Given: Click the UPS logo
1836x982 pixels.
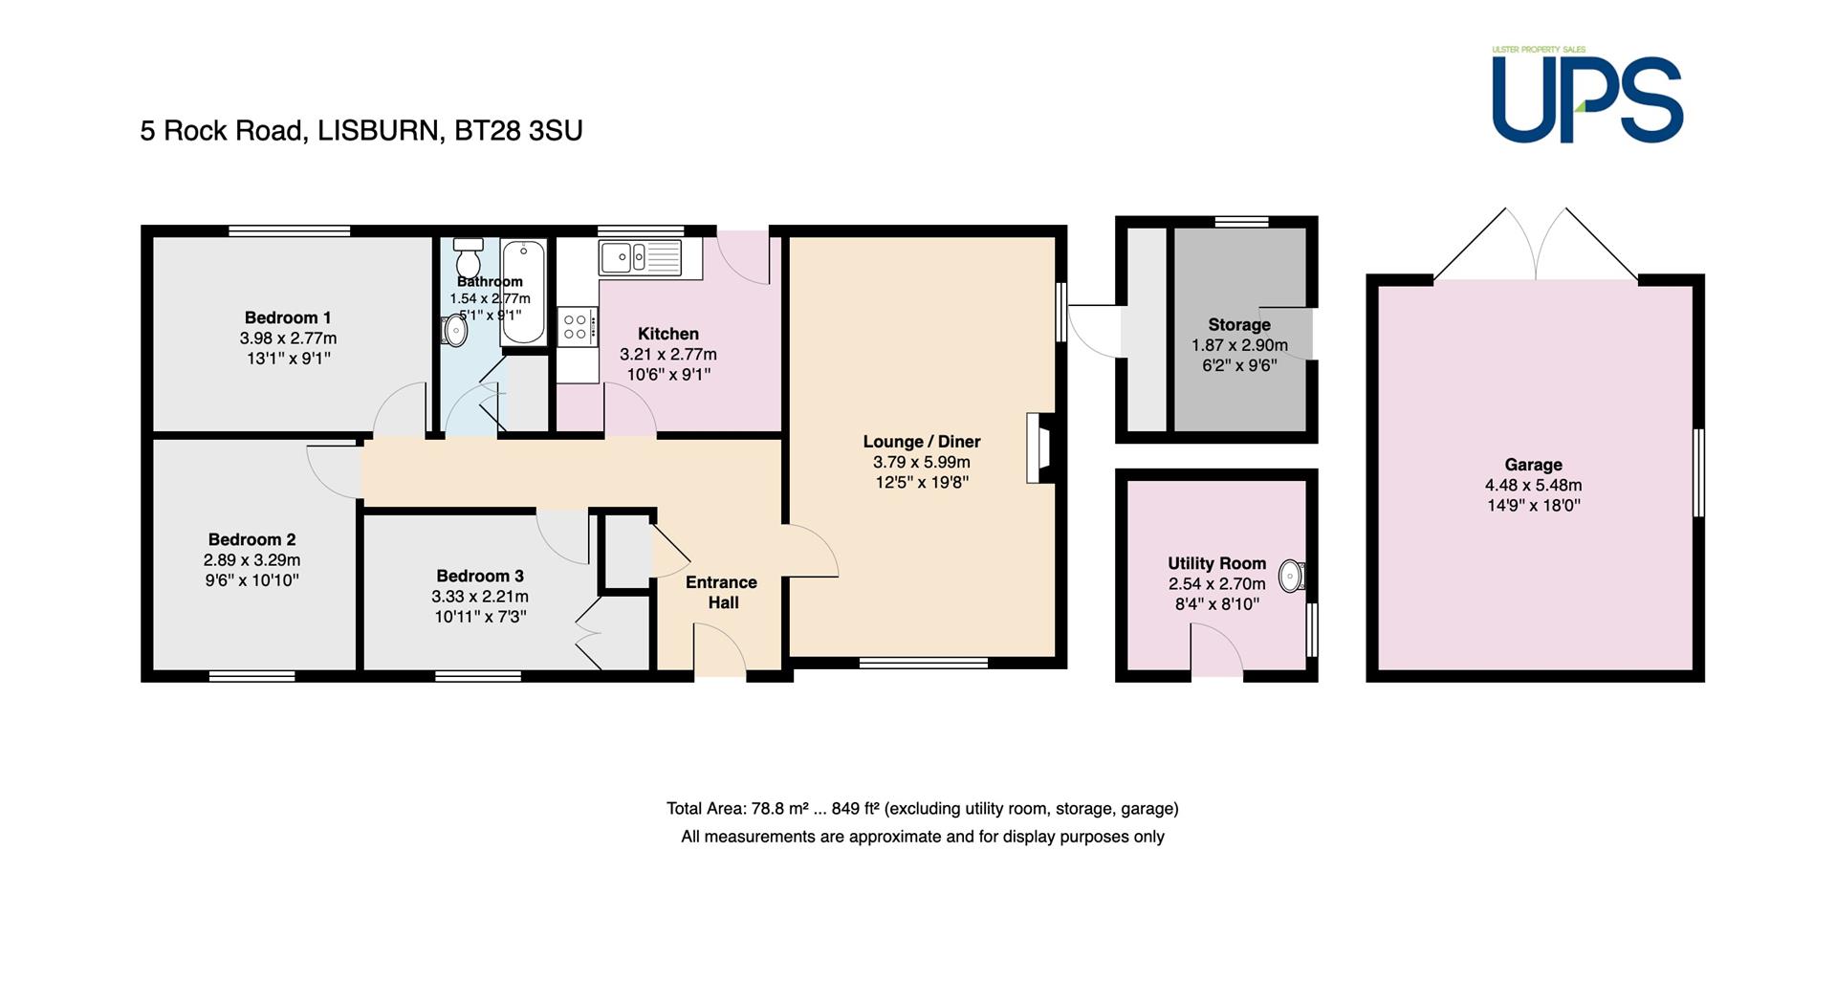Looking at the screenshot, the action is coord(1586,95).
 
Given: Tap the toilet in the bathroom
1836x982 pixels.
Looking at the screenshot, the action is coord(469,257).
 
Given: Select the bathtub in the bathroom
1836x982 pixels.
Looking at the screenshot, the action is coord(523,292).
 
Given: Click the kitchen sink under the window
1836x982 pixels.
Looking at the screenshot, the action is coord(640,257).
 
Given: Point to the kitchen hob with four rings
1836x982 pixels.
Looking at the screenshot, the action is coord(577,327).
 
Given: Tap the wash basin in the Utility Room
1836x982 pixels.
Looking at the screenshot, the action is coord(1293,576).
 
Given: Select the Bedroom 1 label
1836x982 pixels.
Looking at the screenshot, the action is coord(288,317).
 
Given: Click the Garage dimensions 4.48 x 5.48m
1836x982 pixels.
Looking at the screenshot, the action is coord(1533,485).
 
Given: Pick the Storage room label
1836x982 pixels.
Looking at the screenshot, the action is coord(1239,324).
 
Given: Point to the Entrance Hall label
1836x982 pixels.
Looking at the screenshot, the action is coord(722,592).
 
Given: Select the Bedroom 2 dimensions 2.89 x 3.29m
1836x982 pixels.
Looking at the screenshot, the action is coord(251,560).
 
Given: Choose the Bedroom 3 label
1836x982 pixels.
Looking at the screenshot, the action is coord(480,576).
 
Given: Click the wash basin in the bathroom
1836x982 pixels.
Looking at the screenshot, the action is coord(455,331).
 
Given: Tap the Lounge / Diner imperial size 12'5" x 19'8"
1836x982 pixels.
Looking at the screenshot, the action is coord(922,483).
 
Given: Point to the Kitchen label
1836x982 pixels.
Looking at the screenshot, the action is coord(668,334).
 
